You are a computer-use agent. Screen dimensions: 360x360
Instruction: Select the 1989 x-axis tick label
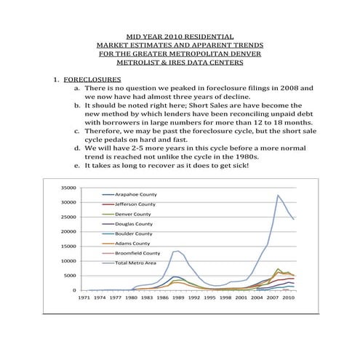(x=178, y=298)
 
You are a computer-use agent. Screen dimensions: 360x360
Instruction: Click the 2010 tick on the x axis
(x=287, y=298)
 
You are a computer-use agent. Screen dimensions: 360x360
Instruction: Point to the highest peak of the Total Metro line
(x=278, y=195)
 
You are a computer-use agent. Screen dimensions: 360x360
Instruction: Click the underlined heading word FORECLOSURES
(x=92, y=77)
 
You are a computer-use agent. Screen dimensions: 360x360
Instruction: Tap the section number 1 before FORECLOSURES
(x=53, y=77)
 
